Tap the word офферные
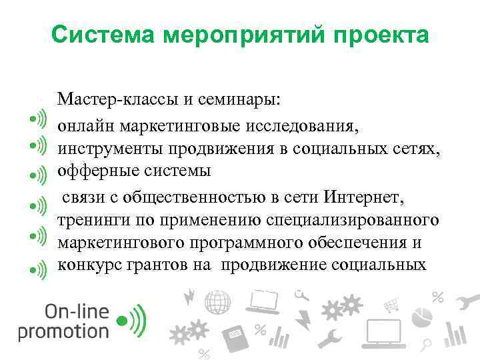tap(94, 171)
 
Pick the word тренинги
tap(89, 219)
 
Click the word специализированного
tap(353, 219)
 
